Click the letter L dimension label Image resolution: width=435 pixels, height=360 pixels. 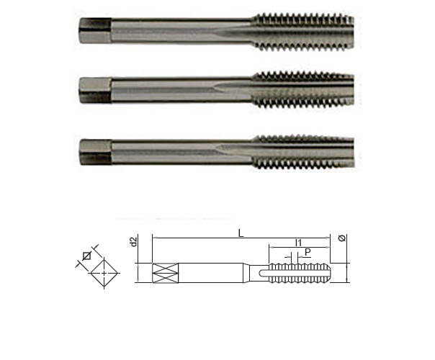point(241,233)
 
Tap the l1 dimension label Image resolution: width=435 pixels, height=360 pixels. point(298,243)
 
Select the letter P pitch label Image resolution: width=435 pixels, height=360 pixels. point(308,253)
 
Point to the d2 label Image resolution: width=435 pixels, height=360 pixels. point(134,242)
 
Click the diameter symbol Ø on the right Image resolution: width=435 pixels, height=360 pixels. point(342,238)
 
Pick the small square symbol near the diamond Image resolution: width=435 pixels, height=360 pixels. point(86,256)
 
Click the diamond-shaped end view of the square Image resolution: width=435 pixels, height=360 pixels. point(104,273)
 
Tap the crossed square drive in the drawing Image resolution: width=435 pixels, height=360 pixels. point(166,273)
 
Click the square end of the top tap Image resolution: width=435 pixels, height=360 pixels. point(96,30)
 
